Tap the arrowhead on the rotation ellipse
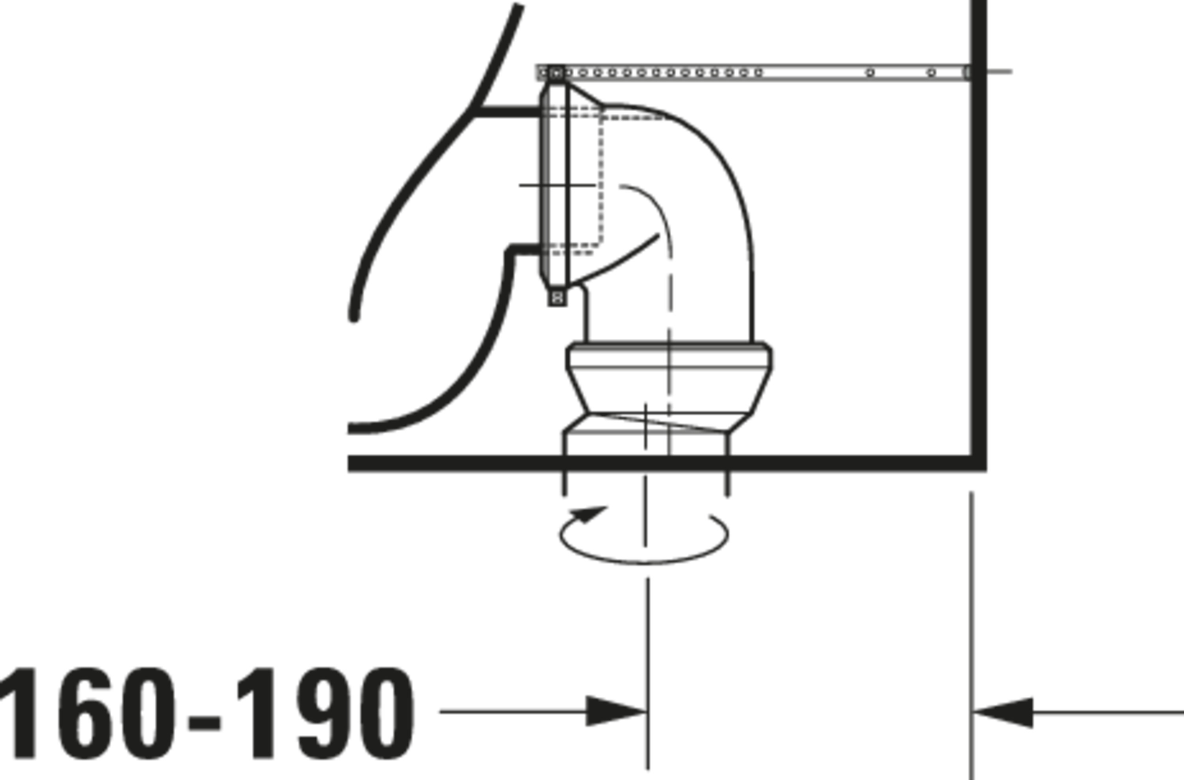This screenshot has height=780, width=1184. click(588, 514)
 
